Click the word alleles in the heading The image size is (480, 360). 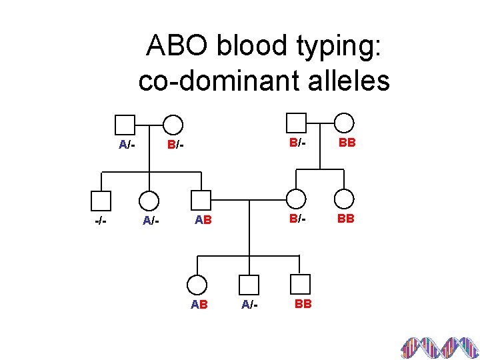coord(352,80)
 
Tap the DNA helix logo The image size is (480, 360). coord(439,347)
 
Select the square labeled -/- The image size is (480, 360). coord(100,200)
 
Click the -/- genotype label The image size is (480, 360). coord(100,219)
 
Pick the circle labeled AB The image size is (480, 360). coord(197,285)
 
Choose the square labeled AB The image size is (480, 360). coord(201,200)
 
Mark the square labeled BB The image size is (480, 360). coord(301,285)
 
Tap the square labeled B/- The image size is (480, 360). coord(295,123)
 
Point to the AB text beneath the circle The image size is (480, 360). coord(199,305)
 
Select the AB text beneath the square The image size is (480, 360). coord(203,219)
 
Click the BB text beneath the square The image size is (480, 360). coord(303,304)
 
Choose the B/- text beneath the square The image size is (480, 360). coord(297,143)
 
